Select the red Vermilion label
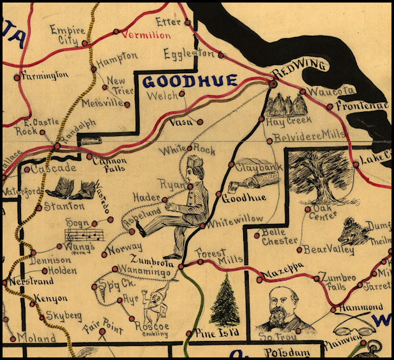tap(146, 36)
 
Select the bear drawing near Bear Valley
tap(354, 232)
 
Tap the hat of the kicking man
tap(195, 163)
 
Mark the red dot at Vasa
tap(200, 121)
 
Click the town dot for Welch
tap(182, 93)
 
